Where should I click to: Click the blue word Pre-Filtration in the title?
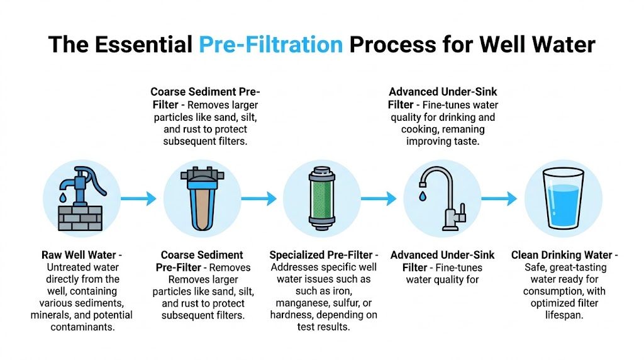[270, 45]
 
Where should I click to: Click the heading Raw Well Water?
[79, 256]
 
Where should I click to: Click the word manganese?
[302, 303]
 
